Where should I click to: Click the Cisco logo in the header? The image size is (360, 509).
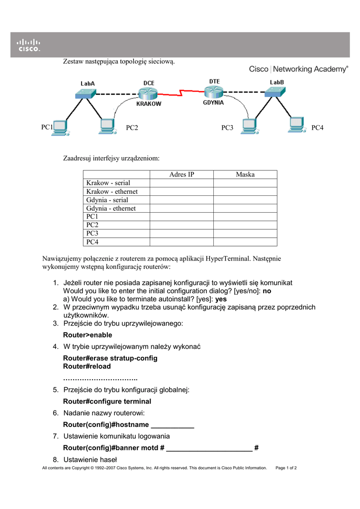tap(29, 45)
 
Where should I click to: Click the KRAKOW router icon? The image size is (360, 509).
tap(148, 93)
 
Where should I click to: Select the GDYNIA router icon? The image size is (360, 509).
tap(214, 92)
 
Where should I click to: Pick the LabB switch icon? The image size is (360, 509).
tap(275, 91)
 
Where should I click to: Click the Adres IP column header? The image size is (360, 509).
tap(181, 174)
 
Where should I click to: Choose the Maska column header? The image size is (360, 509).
tap(245, 174)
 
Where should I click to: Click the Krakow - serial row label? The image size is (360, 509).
tap(108, 183)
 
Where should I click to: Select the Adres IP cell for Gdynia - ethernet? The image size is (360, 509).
tap(181, 208)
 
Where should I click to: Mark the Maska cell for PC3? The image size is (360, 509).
tap(245, 233)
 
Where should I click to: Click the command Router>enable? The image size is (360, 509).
tap(88, 335)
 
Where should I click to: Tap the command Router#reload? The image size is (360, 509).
tap(87, 366)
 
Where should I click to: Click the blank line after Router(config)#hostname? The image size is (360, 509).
tap(172, 425)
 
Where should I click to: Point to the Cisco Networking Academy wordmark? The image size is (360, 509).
tap(298, 69)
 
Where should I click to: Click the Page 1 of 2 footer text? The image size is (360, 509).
tap(286, 468)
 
